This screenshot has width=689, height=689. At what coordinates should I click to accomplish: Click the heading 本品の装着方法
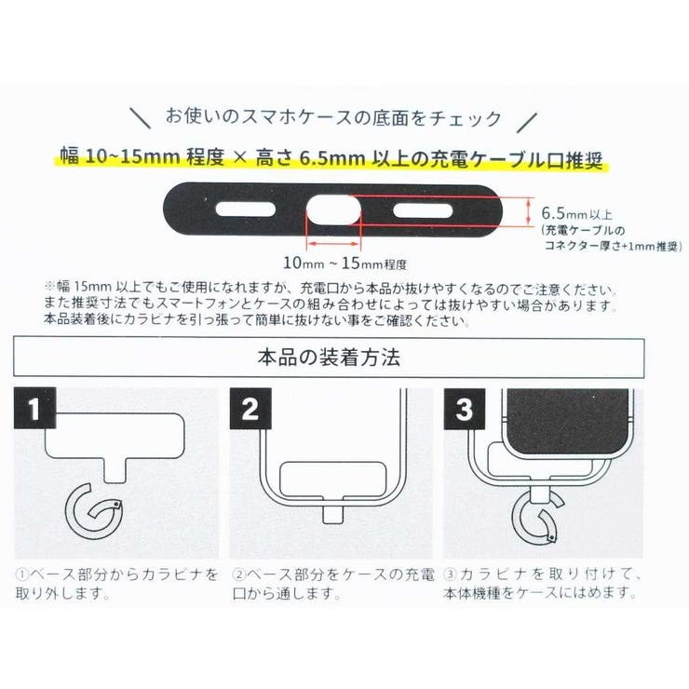(x=328, y=356)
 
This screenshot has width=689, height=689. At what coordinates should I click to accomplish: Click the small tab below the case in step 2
(x=331, y=514)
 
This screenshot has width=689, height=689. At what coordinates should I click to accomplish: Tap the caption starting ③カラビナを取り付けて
(x=545, y=582)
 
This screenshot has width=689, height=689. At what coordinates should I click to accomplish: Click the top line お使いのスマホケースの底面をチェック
(x=332, y=118)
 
